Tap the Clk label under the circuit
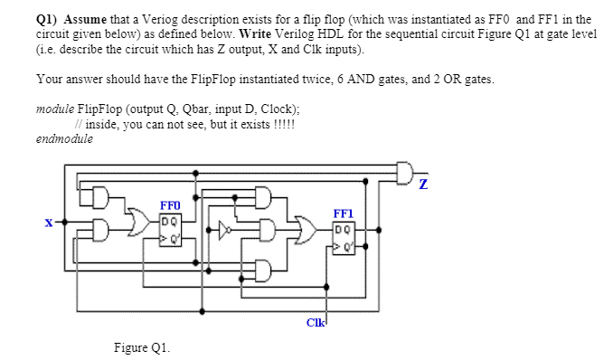point(316,322)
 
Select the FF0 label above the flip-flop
point(169,206)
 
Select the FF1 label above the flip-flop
point(344,214)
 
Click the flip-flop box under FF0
point(169,227)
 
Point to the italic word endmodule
point(65,139)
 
